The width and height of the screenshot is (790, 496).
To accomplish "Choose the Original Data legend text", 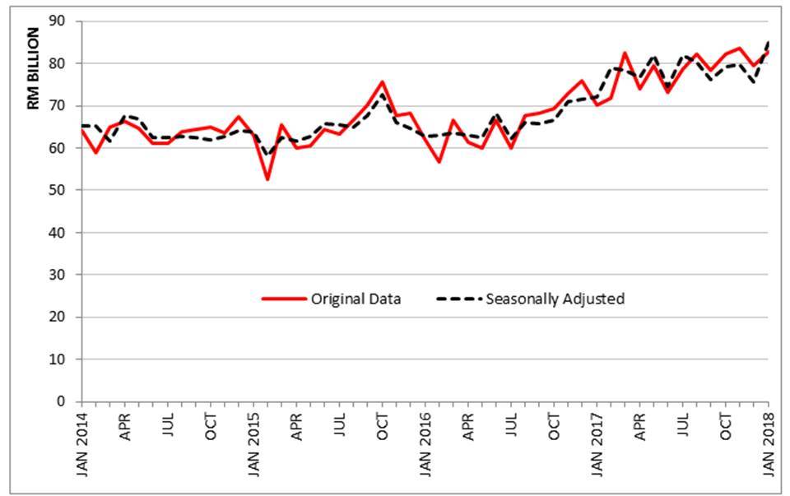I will click(x=355, y=299).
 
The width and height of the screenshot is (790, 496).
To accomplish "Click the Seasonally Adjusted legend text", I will click(x=555, y=299).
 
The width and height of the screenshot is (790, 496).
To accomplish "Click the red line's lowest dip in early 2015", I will click(x=267, y=178).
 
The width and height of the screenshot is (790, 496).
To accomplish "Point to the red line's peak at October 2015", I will click(x=382, y=81).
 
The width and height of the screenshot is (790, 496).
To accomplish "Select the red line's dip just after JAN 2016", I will click(x=439, y=161).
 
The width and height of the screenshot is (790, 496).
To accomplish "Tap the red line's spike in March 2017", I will click(x=625, y=53).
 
